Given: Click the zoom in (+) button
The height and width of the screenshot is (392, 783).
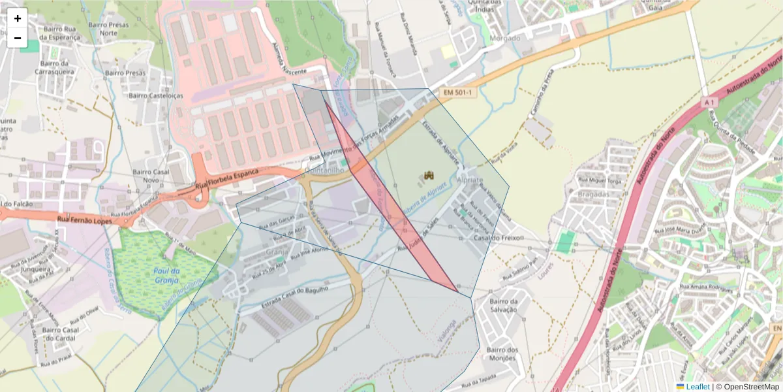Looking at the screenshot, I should click(x=18, y=18).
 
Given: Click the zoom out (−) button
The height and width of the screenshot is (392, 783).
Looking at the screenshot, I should click(x=18, y=38).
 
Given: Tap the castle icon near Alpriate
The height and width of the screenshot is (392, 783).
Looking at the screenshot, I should click(x=429, y=175).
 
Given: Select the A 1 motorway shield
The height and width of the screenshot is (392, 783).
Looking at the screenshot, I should click(x=710, y=103).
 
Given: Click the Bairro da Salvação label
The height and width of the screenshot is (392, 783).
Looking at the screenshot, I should click(x=502, y=305).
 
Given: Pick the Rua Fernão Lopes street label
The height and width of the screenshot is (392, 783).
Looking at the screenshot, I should click(x=85, y=220).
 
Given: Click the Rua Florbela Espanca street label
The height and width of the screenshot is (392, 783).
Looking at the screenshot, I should click(x=227, y=181).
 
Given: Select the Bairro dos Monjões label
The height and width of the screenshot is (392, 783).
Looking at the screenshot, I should click(x=502, y=353).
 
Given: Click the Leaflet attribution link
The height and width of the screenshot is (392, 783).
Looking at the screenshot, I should click(x=697, y=387).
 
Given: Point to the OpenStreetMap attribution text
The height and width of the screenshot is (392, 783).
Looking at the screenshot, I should click(x=750, y=387).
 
